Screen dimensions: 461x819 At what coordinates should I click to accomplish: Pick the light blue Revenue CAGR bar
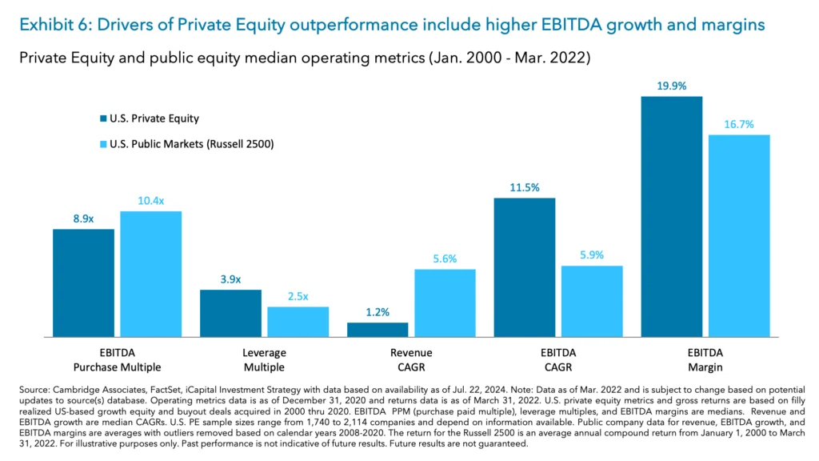pos(444,303)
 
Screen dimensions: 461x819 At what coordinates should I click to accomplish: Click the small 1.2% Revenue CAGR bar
pos(378,329)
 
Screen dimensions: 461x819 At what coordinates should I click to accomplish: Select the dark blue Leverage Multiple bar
pos(230,313)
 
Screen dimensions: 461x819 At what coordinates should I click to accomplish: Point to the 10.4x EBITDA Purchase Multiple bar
pos(150,274)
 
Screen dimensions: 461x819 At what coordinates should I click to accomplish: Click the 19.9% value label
pos(671,85)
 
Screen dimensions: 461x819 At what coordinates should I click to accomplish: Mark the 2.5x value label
pos(298,295)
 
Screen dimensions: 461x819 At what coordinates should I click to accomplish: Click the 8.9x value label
pos(83,218)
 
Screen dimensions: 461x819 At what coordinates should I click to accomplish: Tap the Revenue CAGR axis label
pos(411,359)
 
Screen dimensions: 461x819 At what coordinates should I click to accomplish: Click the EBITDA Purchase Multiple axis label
pos(117,359)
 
